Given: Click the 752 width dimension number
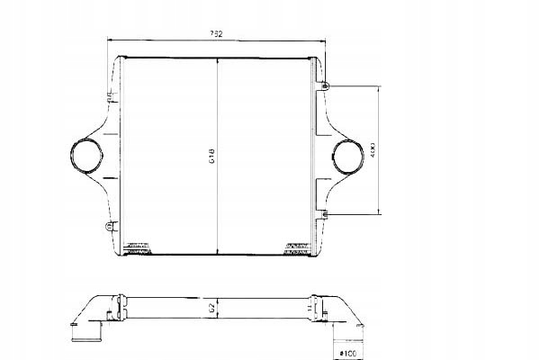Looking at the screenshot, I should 217,34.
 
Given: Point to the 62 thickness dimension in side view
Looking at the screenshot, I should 213,310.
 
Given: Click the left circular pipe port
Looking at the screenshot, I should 87,155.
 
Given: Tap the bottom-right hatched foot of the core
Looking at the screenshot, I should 296,246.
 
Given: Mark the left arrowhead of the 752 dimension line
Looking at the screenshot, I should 110,40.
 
